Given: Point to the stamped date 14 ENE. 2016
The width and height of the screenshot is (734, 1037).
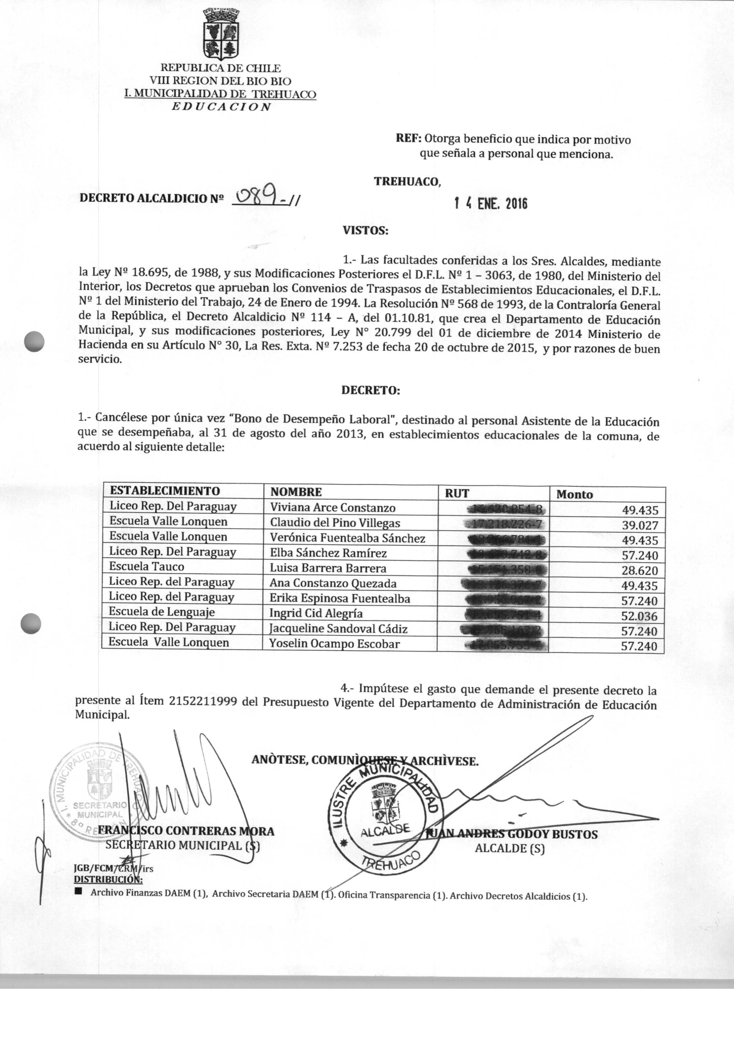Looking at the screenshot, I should (491, 204).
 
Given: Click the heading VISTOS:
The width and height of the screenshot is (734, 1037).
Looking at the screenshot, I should (365, 231).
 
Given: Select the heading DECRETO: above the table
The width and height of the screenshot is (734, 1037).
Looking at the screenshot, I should (370, 390).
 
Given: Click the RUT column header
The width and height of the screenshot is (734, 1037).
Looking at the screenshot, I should (457, 493).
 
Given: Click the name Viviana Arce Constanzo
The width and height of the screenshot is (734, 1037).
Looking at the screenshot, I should (333, 508).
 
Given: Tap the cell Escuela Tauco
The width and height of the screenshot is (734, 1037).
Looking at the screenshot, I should (147, 567).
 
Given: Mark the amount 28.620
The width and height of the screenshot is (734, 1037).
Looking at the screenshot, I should (640, 571).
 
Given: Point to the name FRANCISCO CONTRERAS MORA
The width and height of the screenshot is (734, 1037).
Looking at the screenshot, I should (186, 831).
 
